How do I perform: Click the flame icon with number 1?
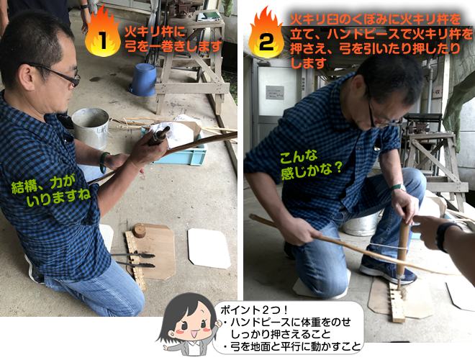pos(103,32)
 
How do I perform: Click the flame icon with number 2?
pos(266,33)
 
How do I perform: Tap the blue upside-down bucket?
pos(143,80)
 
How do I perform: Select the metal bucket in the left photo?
pos(91,128)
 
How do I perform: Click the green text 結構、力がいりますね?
pos(51,191)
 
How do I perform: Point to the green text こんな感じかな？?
pos(311,165)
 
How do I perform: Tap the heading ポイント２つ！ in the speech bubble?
pos(254,310)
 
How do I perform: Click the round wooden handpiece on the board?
pos(139,231)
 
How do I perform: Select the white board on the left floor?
pos(209,248)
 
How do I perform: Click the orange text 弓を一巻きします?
pos(173,47)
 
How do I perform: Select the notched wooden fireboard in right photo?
pos(397,303)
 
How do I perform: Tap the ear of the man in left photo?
pos(27,77)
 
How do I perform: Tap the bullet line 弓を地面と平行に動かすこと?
pos(292,346)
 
